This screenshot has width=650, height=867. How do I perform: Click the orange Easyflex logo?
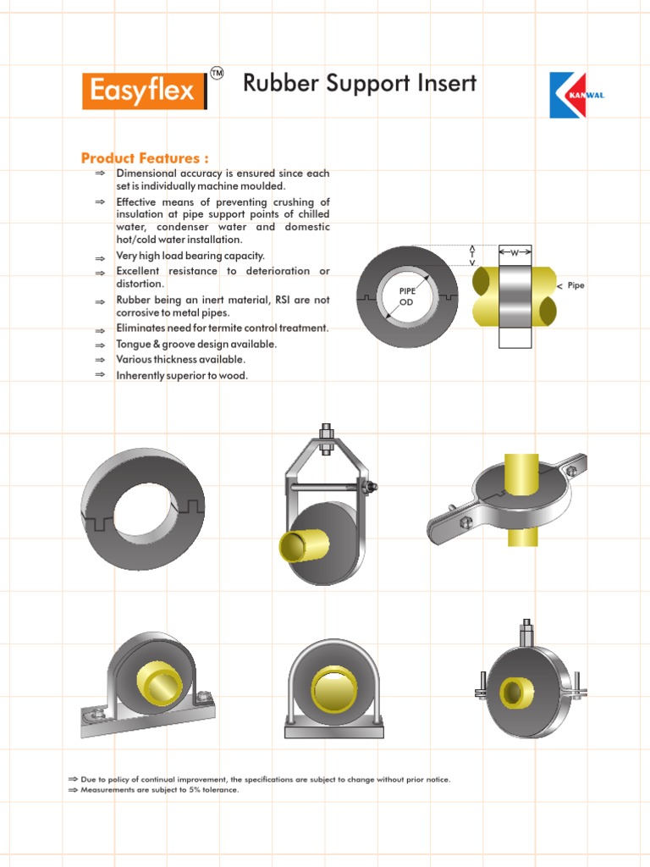coord(143,90)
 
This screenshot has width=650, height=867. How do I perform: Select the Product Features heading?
coord(145,158)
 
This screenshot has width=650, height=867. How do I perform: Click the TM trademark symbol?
coord(217,75)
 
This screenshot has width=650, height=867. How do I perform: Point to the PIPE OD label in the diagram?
coord(408,295)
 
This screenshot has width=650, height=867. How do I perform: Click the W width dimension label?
coord(515,252)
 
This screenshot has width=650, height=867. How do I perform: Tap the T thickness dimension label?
coord(472,254)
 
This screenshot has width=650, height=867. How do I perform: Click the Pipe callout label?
coord(576,285)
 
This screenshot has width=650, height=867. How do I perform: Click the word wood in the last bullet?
coord(236,375)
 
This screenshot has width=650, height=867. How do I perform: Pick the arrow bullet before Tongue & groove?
coord(100,345)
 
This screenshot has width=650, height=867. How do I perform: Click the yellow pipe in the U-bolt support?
coord(333,685)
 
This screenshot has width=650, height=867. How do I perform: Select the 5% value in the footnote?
coord(178,790)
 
